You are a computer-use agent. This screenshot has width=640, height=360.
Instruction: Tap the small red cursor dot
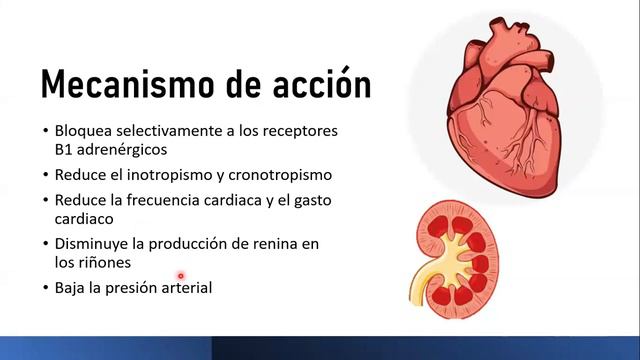click(181, 275)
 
